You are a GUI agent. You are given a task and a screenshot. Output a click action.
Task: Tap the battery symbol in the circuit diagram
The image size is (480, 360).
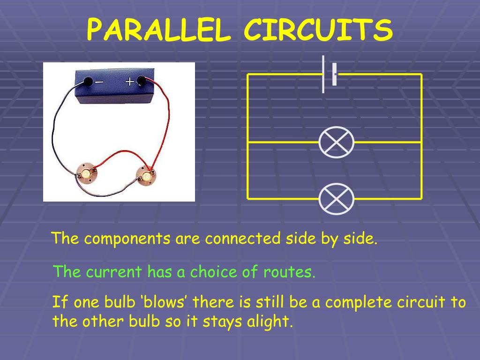coord(329,74)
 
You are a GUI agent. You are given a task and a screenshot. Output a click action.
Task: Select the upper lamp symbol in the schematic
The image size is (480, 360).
coord(336,142)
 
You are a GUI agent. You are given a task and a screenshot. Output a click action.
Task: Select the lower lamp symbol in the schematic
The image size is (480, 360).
coord(336,199)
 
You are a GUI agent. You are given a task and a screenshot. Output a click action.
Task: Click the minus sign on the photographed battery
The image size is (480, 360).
coord(100,82)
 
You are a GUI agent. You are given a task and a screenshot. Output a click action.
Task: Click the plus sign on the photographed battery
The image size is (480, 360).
coord(129,82)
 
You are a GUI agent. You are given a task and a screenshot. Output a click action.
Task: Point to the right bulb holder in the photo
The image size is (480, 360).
coord(146,175)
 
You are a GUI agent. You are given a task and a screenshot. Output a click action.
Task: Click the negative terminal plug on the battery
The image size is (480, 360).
coord(87,82)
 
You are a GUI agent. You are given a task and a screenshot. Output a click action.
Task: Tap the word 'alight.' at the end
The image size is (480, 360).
coord(270,322)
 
